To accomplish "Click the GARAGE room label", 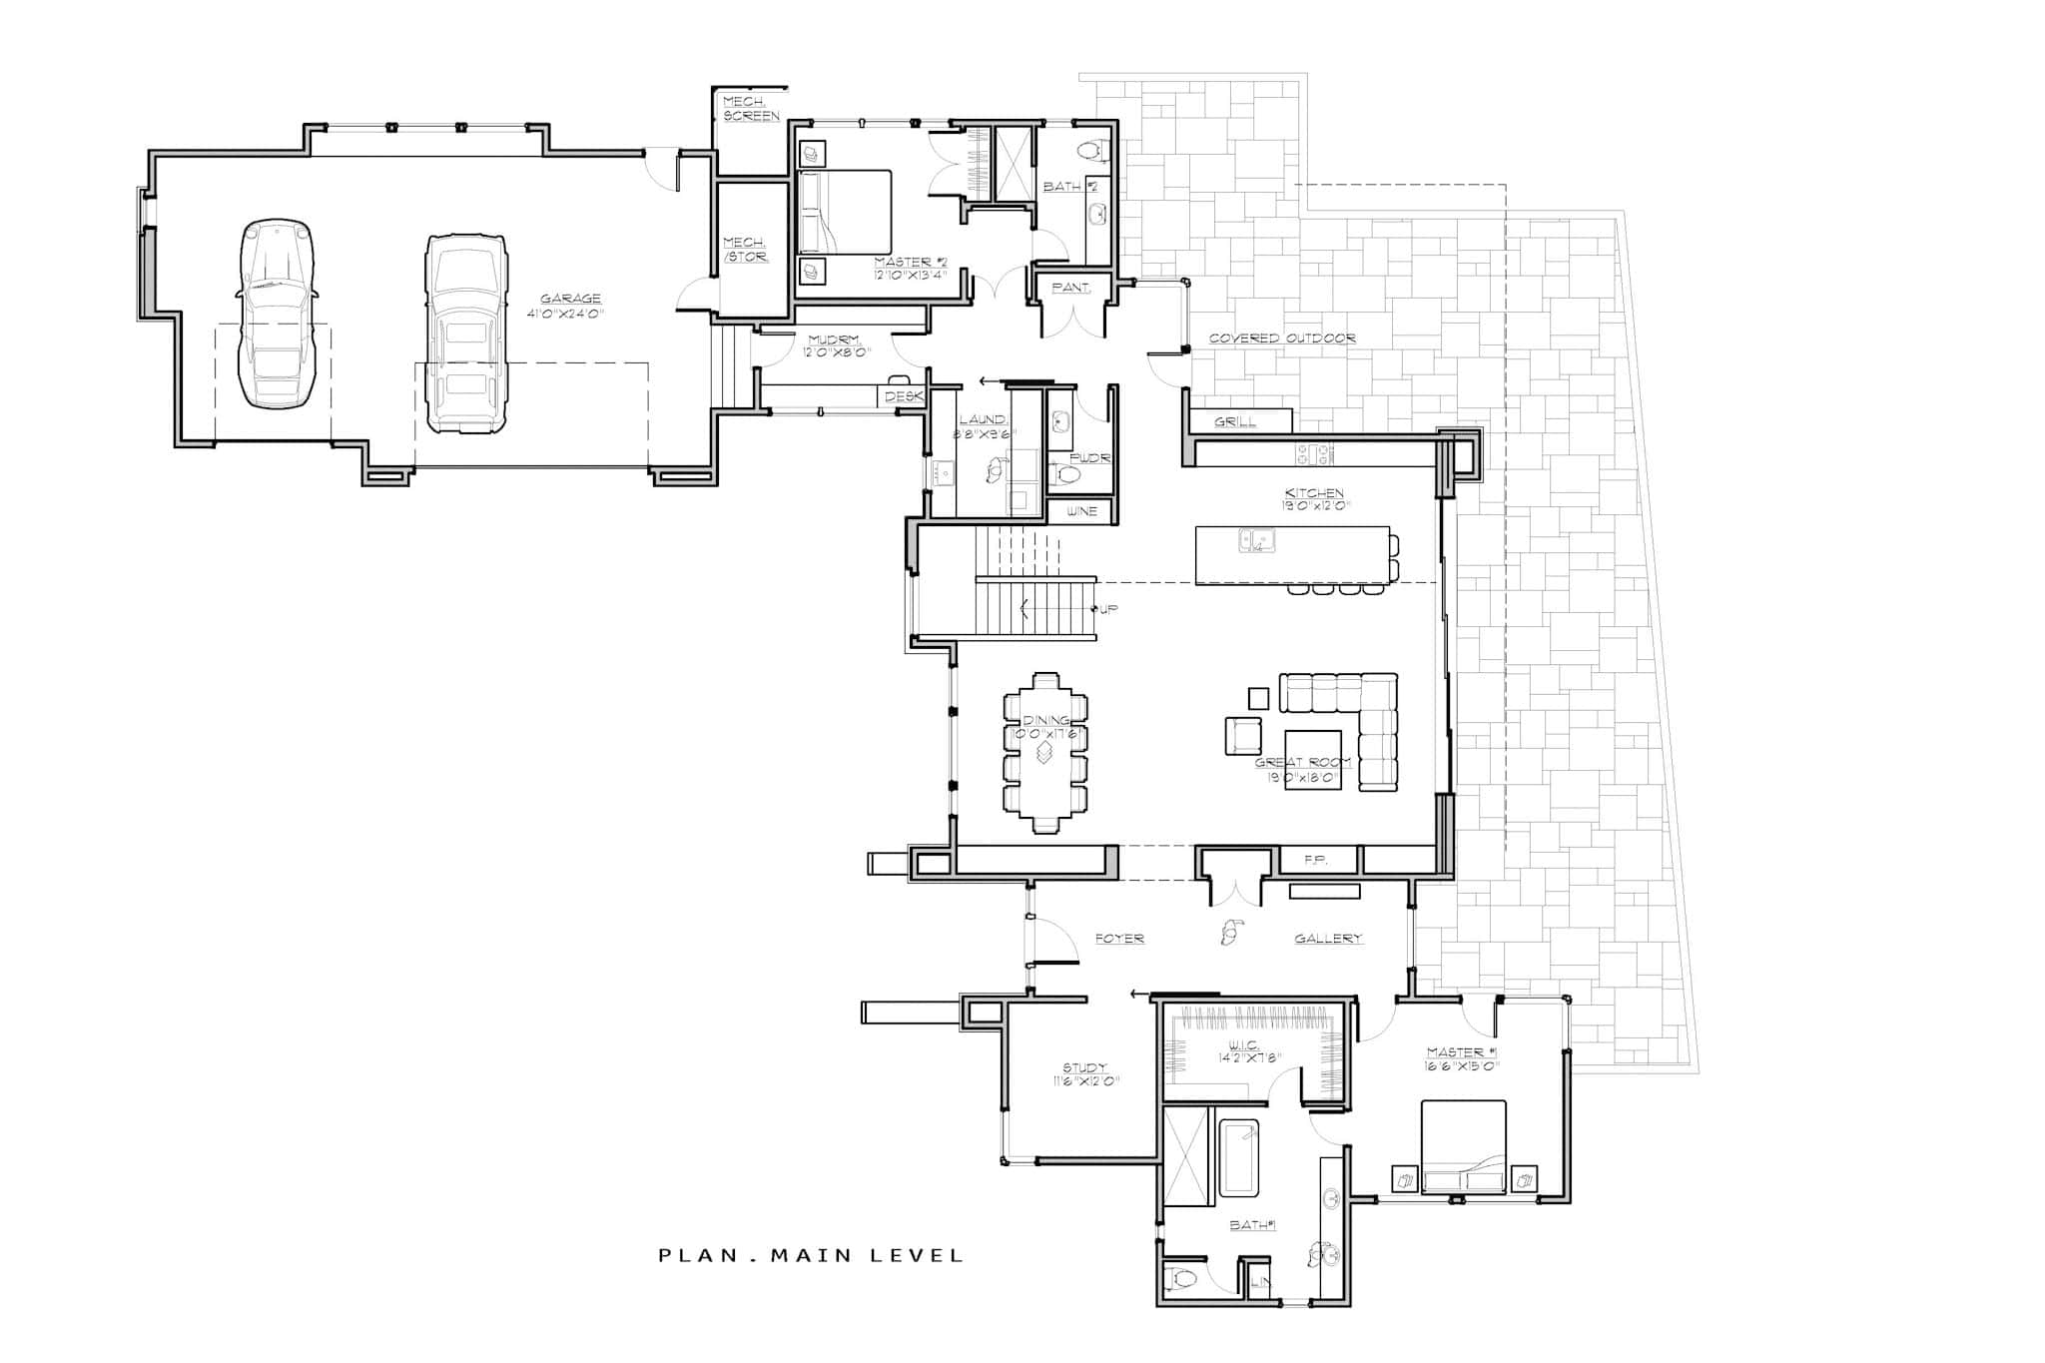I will click(570, 299).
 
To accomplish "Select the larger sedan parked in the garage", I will click(465, 333).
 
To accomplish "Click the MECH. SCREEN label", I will click(751, 109).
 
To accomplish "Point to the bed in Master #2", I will click(845, 226).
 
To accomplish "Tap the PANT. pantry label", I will click(1071, 288).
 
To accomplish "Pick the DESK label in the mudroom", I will click(903, 397).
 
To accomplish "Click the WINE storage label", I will click(1081, 511).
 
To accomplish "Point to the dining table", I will click(1044, 752).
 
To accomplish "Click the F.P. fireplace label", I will click(1315, 860).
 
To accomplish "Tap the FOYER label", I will click(1118, 939).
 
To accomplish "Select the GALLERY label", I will click(1328, 939).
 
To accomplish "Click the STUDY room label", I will click(1084, 1068).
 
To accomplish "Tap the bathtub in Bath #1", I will click(1238, 1158).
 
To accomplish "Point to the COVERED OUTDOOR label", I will click(1282, 339).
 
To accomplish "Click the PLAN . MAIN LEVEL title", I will click(811, 1255).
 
